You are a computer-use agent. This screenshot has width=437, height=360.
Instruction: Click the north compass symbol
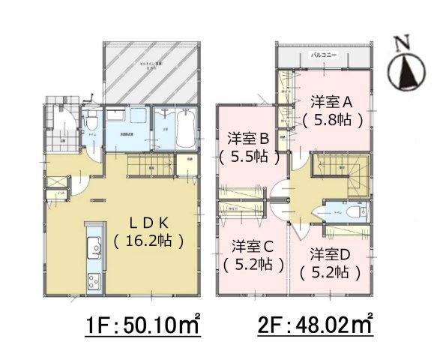(406, 72)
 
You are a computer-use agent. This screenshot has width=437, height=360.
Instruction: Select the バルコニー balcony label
(325, 56)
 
